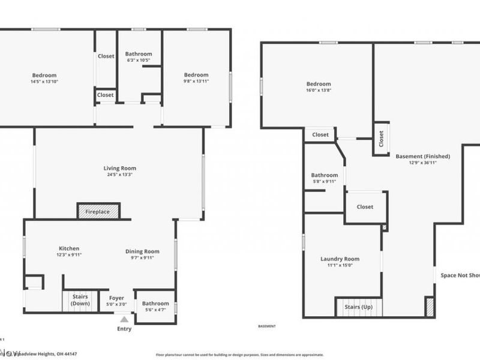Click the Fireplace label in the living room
pyautogui.click(x=98, y=212)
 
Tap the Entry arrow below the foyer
pyautogui.click(x=124, y=320)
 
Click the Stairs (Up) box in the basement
pyautogui.click(x=358, y=307)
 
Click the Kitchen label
pyautogui.click(x=69, y=248)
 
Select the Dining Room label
pyautogui.click(x=142, y=251)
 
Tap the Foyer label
pyautogui.click(x=116, y=298)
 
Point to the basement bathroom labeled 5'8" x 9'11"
pyautogui.click(x=325, y=178)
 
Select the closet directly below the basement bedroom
pyautogui.click(x=320, y=135)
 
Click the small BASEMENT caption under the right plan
pyautogui.click(x=266, y=326)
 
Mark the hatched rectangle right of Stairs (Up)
pyautogui.click(x=429, y=306)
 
